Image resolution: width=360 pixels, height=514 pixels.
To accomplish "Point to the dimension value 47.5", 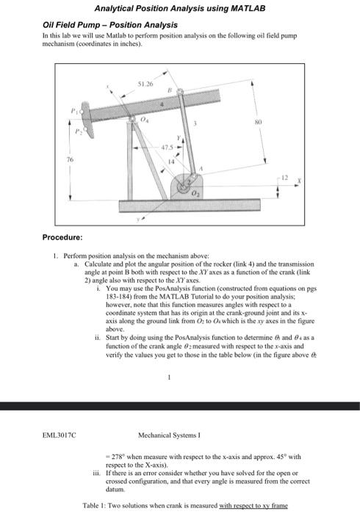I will [168, 149].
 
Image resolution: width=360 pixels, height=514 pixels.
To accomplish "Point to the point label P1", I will [74, 112].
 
